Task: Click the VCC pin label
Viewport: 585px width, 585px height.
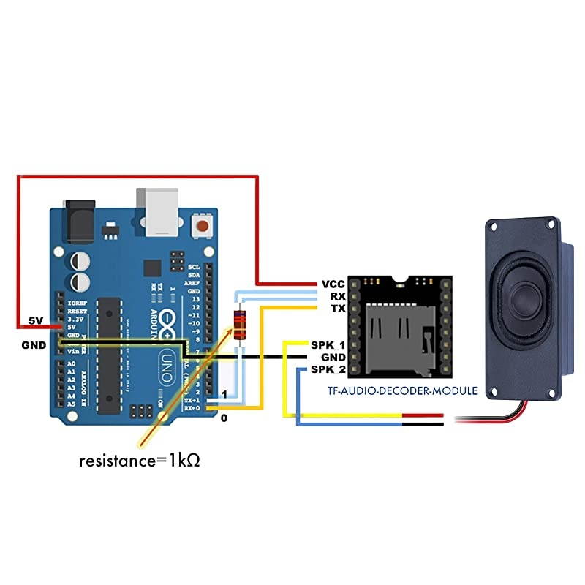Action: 332,284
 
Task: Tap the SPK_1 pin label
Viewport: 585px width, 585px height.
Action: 328,344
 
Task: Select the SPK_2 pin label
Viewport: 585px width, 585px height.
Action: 328,369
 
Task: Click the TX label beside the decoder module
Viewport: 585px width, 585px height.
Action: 336,309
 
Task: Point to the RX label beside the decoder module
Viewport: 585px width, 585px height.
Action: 336,296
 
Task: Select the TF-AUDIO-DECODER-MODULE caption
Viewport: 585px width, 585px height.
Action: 402,391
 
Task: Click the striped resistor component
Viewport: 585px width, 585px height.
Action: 239,325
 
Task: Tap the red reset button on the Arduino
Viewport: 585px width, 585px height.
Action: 200,224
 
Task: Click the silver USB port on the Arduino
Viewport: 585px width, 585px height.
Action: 158,212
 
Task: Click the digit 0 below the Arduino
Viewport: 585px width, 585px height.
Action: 224,418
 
